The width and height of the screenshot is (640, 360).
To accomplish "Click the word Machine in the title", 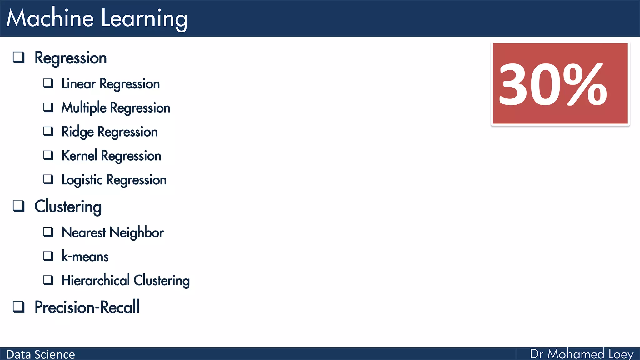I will click(x=50, y=18).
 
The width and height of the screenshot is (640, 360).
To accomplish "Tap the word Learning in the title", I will click(x=144, y=19).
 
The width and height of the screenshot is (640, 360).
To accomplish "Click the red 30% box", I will click(x=560, y=84).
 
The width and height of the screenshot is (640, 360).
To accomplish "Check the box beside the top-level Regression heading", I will click(x=19, y=57).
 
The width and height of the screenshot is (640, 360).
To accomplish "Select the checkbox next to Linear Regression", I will click(x=48, y=83).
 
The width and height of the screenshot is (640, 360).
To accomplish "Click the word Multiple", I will click(x=84, y=108).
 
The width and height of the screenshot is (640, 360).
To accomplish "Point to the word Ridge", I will click(x=77, y=132).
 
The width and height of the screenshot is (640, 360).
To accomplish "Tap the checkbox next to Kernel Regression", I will click(x=48, y=155).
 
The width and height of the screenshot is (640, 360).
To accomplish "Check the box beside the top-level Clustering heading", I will click(x=19, y=206).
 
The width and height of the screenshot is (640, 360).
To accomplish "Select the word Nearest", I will click(x=83, y=233).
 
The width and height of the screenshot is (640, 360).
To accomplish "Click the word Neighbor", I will click(x=137, y=233).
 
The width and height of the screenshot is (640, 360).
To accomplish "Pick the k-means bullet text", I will click(x=85, y=257).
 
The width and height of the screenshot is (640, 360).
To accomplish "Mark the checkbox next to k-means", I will click(x=48, y=256).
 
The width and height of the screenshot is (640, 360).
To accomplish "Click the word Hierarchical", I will click(x=95, y=280).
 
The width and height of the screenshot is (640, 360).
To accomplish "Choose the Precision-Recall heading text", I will click(x=87, y=307).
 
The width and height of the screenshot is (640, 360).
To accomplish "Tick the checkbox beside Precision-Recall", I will click(x=19, y=307).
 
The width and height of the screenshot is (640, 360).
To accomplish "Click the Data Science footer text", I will click(x=41, y=354).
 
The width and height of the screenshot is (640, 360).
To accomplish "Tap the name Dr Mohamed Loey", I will click(x=582, y=354).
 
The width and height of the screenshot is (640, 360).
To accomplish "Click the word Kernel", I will click(x=79, y=156).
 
